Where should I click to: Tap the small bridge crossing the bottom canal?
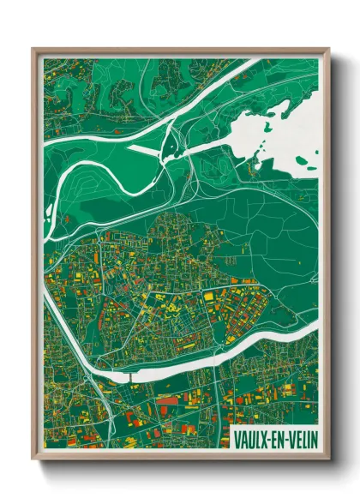tap(129, 375)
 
